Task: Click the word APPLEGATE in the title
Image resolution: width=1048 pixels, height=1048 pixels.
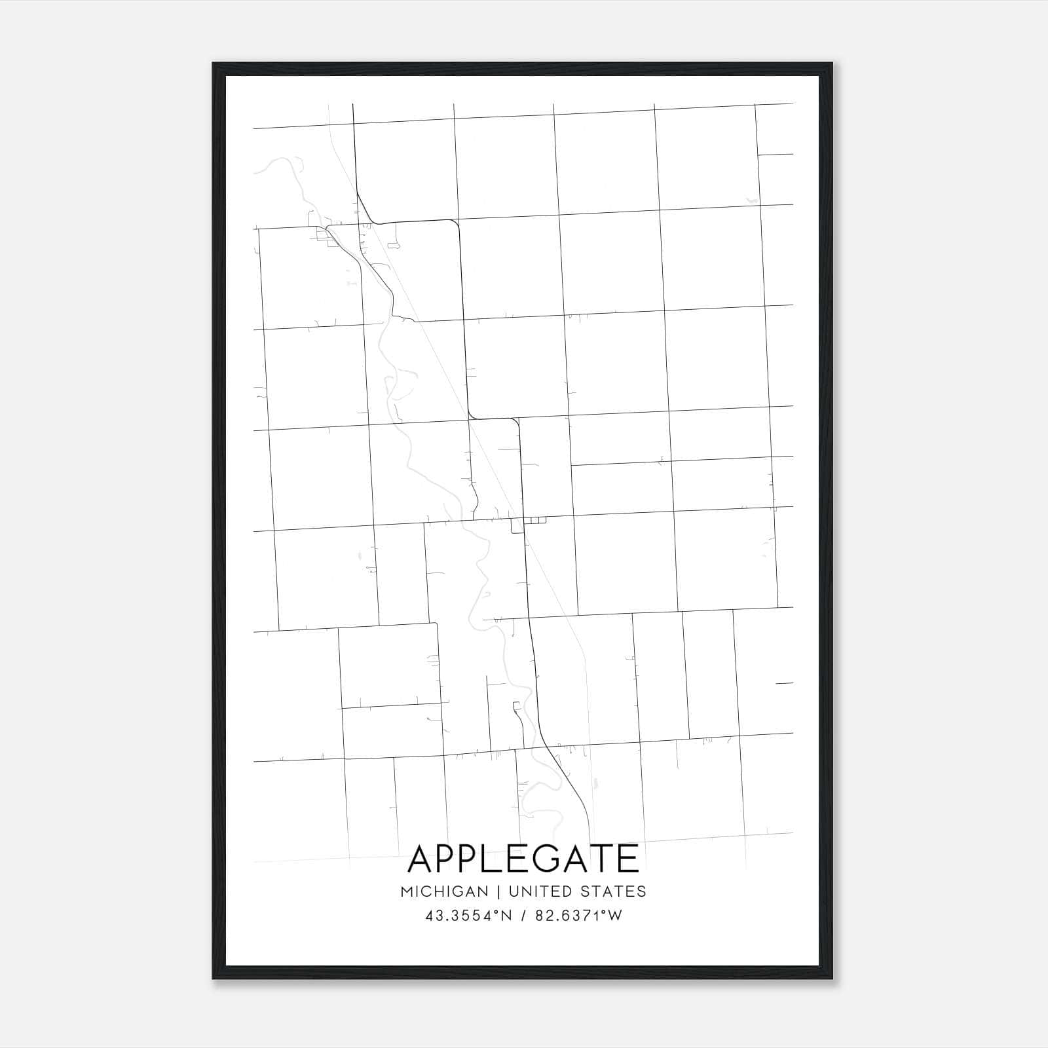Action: [x=523, y=859]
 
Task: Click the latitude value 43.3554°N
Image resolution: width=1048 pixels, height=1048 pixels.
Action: [x=468, y=916]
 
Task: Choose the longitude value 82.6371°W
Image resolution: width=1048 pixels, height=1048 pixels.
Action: [x=578, y=916]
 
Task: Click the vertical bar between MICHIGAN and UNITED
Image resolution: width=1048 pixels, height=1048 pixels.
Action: [x=498, y=891]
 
